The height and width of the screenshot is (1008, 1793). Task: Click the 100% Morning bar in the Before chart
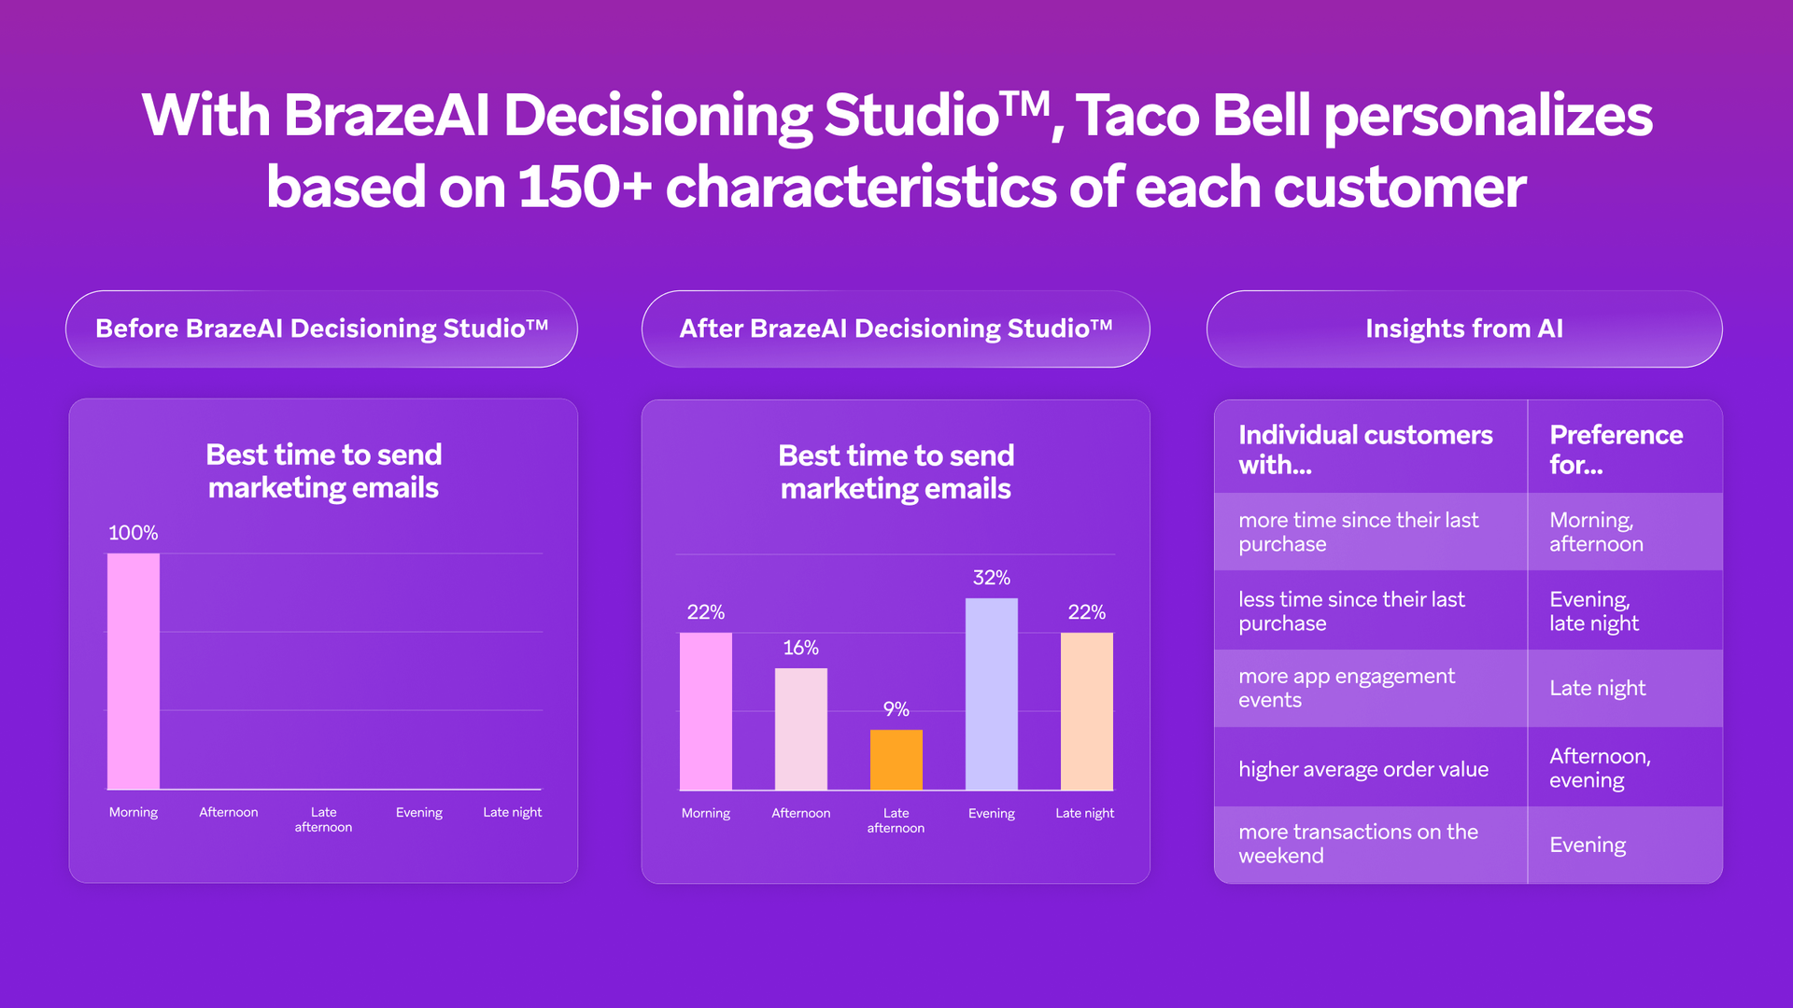[134, 671]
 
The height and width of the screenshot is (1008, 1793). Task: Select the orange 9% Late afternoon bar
[896, 760]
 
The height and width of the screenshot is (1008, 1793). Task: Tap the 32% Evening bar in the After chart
[991, 694]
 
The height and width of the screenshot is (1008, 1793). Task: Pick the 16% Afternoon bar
[800, 729]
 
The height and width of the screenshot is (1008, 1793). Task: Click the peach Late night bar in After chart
[1086, 711]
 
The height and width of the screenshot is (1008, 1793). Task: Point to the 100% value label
[133, 533]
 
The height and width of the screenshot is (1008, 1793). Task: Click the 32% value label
[991, 578]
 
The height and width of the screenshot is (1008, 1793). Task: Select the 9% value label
[896, 709]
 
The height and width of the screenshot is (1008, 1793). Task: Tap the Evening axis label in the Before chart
[418, 812]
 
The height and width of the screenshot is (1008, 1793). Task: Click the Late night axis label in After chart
[1084, 813]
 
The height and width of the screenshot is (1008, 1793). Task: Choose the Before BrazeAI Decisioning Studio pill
[321, 329]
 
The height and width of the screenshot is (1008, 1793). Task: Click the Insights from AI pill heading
[1463, 329]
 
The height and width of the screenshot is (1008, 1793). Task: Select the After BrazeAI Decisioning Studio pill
[895, 329]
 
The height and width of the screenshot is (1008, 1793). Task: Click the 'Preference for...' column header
[1616, 449]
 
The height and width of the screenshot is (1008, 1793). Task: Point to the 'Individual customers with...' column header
[1364, 449]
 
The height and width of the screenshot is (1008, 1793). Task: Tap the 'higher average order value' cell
[1362, 769]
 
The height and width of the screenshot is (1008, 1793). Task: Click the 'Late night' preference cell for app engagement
[1597, 688]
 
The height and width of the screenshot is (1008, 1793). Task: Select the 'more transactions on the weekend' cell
[1358, 844]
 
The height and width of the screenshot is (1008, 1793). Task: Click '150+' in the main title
[584, 187]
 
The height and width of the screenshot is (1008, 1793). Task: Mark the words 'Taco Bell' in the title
[1193, 116]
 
